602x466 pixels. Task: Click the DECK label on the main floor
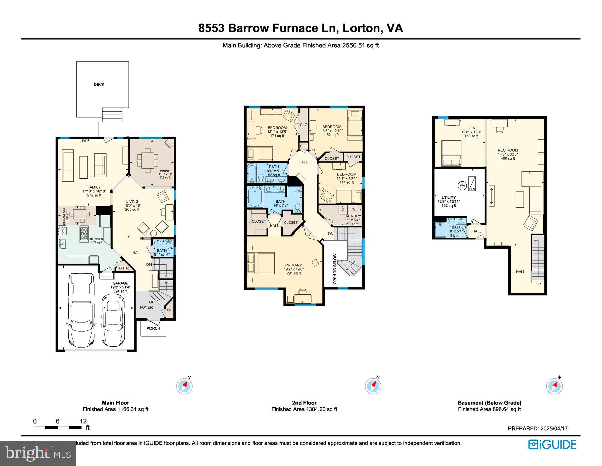(x=99, y=84)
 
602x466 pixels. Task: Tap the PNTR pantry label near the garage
(x=123, y=268)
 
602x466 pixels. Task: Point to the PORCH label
(x=153, y=328)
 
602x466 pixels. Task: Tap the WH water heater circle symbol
(x=462, y=185)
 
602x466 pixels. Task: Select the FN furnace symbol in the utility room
(x=472, y=183)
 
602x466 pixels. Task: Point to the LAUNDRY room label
(x=352, y=216)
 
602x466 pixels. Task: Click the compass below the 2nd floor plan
(x=373, y=386)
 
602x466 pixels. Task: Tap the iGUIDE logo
(x=552, y=445)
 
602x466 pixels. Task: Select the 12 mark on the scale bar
(x=83, y=421)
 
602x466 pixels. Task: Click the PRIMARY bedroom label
(x=293, y=265)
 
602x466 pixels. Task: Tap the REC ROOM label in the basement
(x=507, y=150)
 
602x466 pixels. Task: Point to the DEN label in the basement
(x=471, y=128)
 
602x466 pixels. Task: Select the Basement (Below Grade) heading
(x=489, y=403)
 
